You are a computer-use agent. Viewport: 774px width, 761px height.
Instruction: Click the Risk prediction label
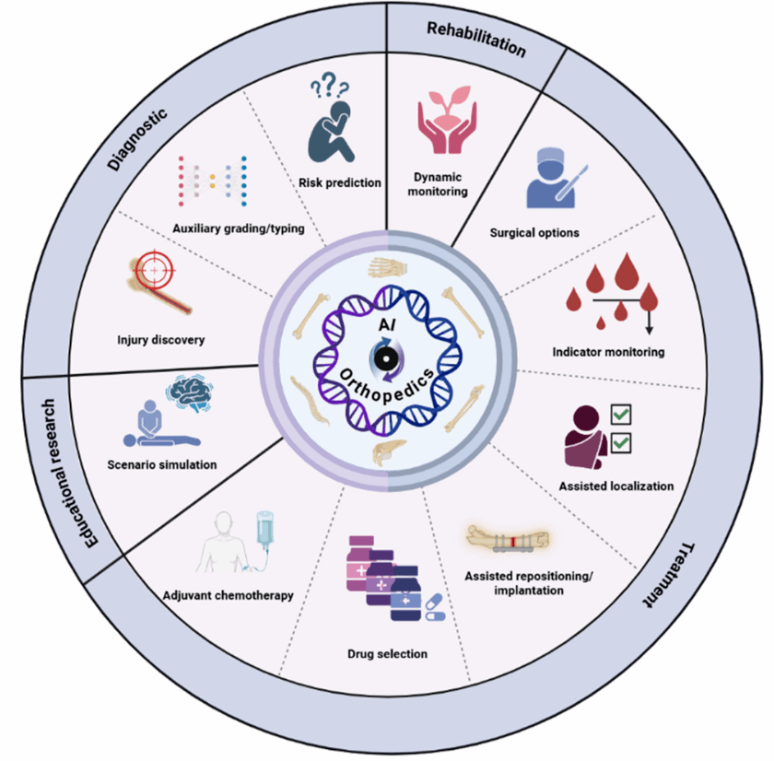click(340, 182)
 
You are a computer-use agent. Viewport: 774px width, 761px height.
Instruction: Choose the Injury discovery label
click(162, 340)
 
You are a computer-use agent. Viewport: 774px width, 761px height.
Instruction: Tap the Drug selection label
click(387, 653)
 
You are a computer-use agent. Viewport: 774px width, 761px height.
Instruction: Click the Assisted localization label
click(616, 486)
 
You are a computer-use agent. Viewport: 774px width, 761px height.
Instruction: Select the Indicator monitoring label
click(608, 352)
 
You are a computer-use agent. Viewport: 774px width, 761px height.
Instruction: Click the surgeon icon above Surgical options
click(550, 174)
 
